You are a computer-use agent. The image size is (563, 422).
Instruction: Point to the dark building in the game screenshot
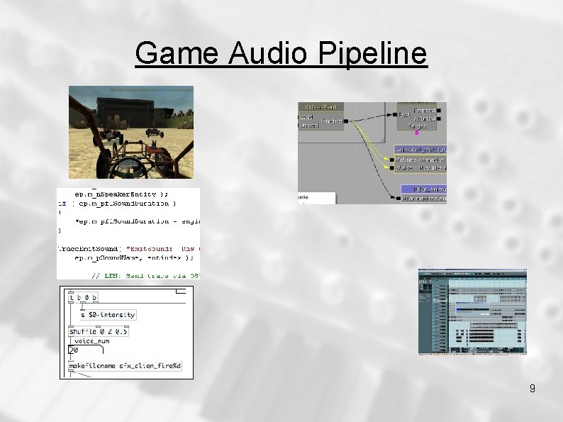coord(123,110)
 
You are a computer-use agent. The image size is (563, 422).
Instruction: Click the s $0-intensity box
coord(107,314)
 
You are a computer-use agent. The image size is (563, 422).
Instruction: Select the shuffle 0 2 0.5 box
coord(99,331)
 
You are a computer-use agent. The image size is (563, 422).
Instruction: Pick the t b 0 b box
coord(84,298)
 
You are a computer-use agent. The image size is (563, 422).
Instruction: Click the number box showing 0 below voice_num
coord(74,350)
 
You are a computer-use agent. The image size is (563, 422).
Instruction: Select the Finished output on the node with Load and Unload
coord(332,121)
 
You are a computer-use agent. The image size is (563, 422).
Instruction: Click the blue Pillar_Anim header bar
coord(423,189)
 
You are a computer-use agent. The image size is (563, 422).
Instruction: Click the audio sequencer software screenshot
coord(472,311)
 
